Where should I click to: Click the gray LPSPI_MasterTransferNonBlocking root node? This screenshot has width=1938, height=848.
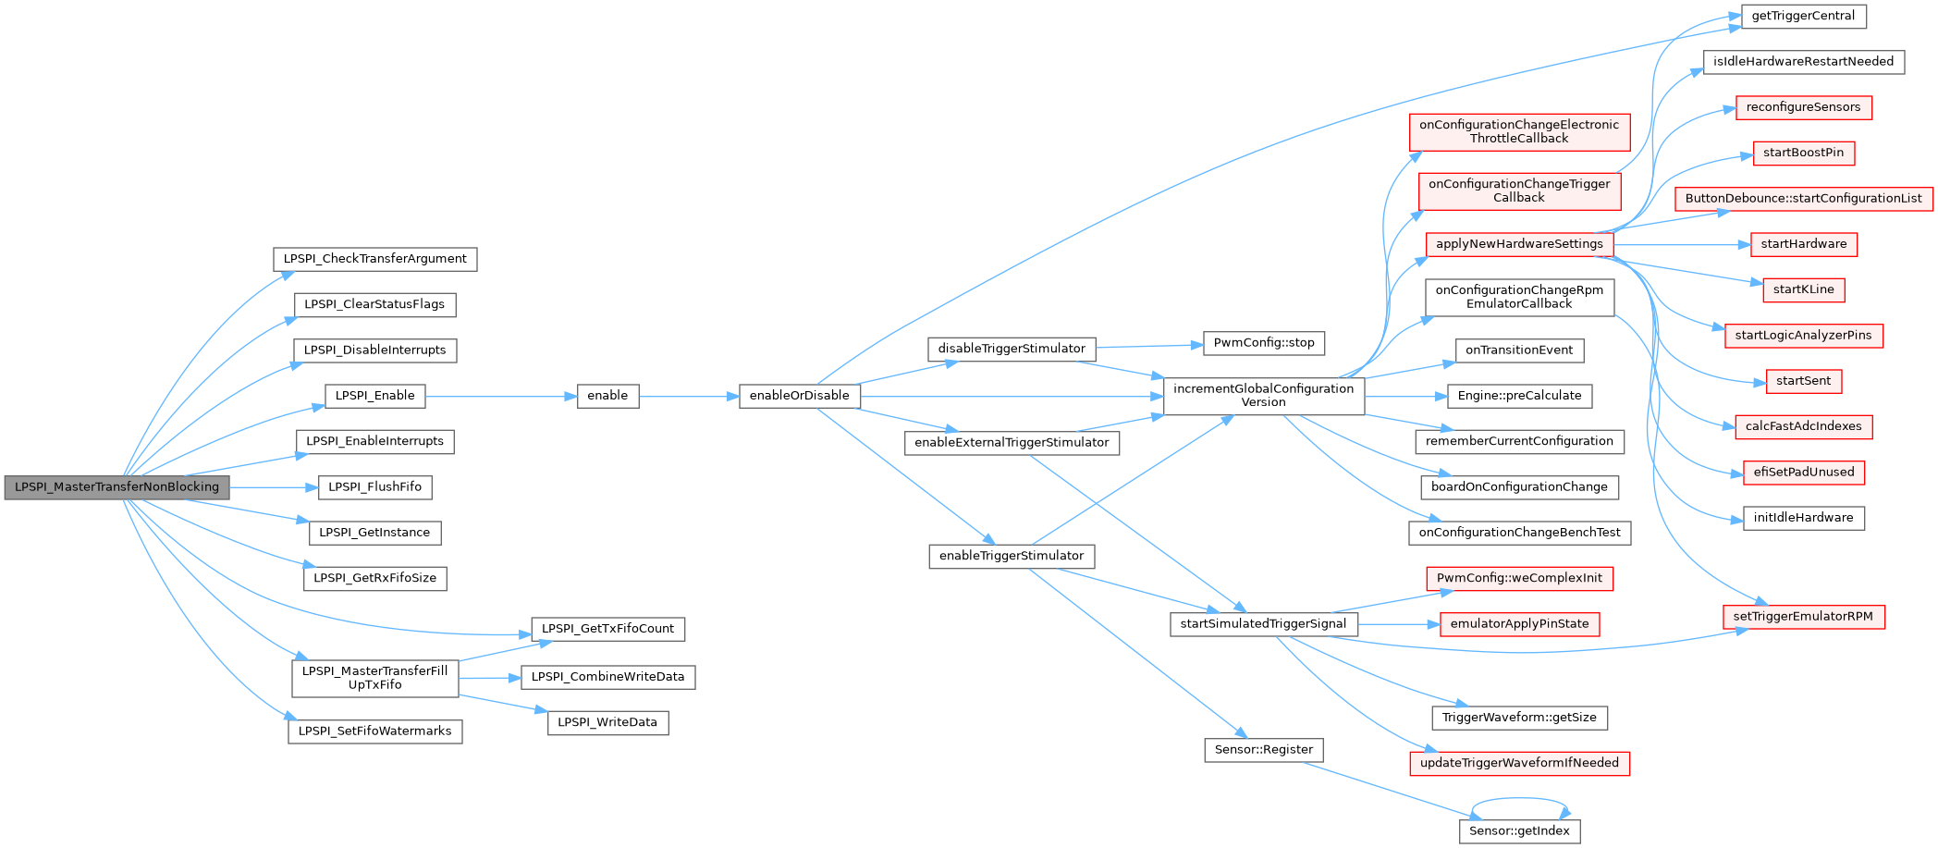pyautogui.click(x=117, y=487)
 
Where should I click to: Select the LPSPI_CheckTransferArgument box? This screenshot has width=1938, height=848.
pyautogui.click(x=374, y=259)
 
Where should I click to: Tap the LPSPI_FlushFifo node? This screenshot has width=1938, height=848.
pyautogui.click(x=374, y=487)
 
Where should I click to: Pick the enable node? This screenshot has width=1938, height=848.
pyautogui.click(x=607, y=396)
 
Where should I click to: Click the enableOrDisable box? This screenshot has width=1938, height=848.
pyautogui.click(x=800, y=396)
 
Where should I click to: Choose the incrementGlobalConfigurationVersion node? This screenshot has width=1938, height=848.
pyautogui.click(x=1263, y=396)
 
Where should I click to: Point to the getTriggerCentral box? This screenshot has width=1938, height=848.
pyautogui.click(x=1803, y=17)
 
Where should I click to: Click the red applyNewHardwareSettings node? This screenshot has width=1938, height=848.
pyautogui.click(x=1519, y=244)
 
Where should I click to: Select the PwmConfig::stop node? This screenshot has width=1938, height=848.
pyautogui.click(x=1264, y=343)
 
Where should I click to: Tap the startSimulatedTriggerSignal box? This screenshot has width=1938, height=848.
pyautogui.click(x=1263, y=624)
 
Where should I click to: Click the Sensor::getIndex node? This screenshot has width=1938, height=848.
pyautogui.click(x=1519, y=831)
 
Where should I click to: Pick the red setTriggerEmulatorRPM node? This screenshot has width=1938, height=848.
pyautogui.click(x=1803, y=617)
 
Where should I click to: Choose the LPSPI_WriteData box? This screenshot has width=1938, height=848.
pyautogui.click(x=607, y=722)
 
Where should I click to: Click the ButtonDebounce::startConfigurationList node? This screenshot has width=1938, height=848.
pyautogui.click(x=1803, y=199)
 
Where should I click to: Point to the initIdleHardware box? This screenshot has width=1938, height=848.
pyautogui.click(x=1803, y=518)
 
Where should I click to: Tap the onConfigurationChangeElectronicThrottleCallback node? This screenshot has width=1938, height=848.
pyautogui.click(x=1519, y=132)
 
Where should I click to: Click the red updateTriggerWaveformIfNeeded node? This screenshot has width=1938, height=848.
pyautogui.click(x=1519, y=763)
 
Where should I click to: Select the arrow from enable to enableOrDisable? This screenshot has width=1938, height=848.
pyautogui.click(x=689, y=396)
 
